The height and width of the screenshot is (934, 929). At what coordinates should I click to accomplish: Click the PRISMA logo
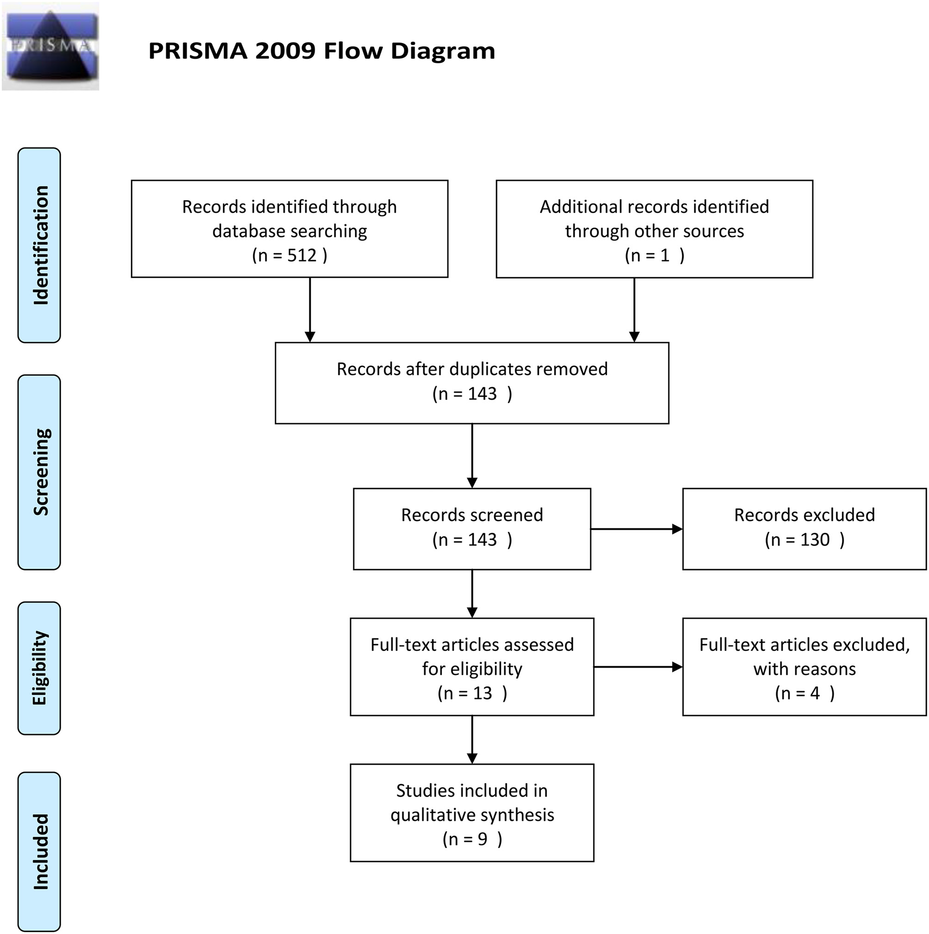pyautogui.click(x=50, y=46)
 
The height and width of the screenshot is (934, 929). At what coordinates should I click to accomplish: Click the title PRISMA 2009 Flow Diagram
pyautogui.click(x=321, y=51)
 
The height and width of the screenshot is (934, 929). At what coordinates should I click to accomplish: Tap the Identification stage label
pyautogui.click(x=39, y=245)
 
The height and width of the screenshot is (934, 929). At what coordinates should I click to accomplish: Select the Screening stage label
pyautogui.click(x=39, y=472)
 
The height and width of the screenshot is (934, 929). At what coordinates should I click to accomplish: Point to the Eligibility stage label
pyautogui.click(x=39, y=668)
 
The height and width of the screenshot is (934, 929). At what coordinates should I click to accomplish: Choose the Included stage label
pyautogui.click(x=39, y=851)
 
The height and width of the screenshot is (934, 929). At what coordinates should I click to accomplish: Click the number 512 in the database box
pyautogui.click(x=302, y=255)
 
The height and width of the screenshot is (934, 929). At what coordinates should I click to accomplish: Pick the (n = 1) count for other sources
pyautogui.click(x=654, y=255)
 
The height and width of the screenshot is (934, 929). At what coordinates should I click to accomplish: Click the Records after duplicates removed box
pyautogui.click(x=472, y=383)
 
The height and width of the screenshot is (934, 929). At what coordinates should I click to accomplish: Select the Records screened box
pyautogui.click(x=472, y=528)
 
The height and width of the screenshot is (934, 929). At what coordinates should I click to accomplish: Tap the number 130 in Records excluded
pyautogui.click(x=815, y=540)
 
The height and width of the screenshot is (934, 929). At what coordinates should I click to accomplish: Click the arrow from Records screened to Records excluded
pyautogui.click(x=636, y=529)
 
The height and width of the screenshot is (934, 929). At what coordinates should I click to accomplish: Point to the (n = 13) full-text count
pyautogui.click(x=472, y=693)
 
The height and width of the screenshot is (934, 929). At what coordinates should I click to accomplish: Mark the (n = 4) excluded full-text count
pyautogui.click(x=804, y=693)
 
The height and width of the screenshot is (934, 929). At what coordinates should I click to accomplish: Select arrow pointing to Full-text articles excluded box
pyautogui.click(x=638, y=667)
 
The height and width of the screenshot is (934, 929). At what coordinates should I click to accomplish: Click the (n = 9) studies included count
pyautogui.click(x=472, y=839)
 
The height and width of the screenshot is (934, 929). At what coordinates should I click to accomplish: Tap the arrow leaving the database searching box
pyautogui.click(x=310, y=310)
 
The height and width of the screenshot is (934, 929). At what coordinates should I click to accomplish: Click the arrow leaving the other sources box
pyautogui.click(x=634, y=310)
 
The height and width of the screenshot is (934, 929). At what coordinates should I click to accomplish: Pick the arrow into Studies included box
pyautogui.click(x=472, y=740)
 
